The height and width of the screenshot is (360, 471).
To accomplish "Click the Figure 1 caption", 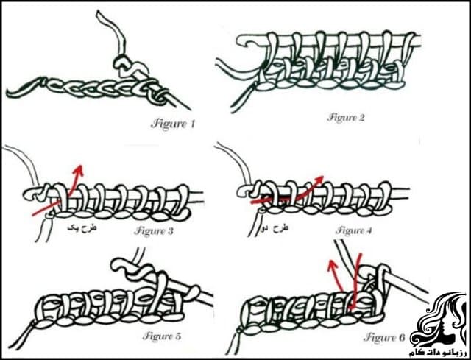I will [173, 123].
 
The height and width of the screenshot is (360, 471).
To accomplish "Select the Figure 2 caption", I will [346, 116].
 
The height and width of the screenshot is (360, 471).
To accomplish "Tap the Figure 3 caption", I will [154, 230].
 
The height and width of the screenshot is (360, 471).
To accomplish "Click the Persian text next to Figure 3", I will [82, 230].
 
